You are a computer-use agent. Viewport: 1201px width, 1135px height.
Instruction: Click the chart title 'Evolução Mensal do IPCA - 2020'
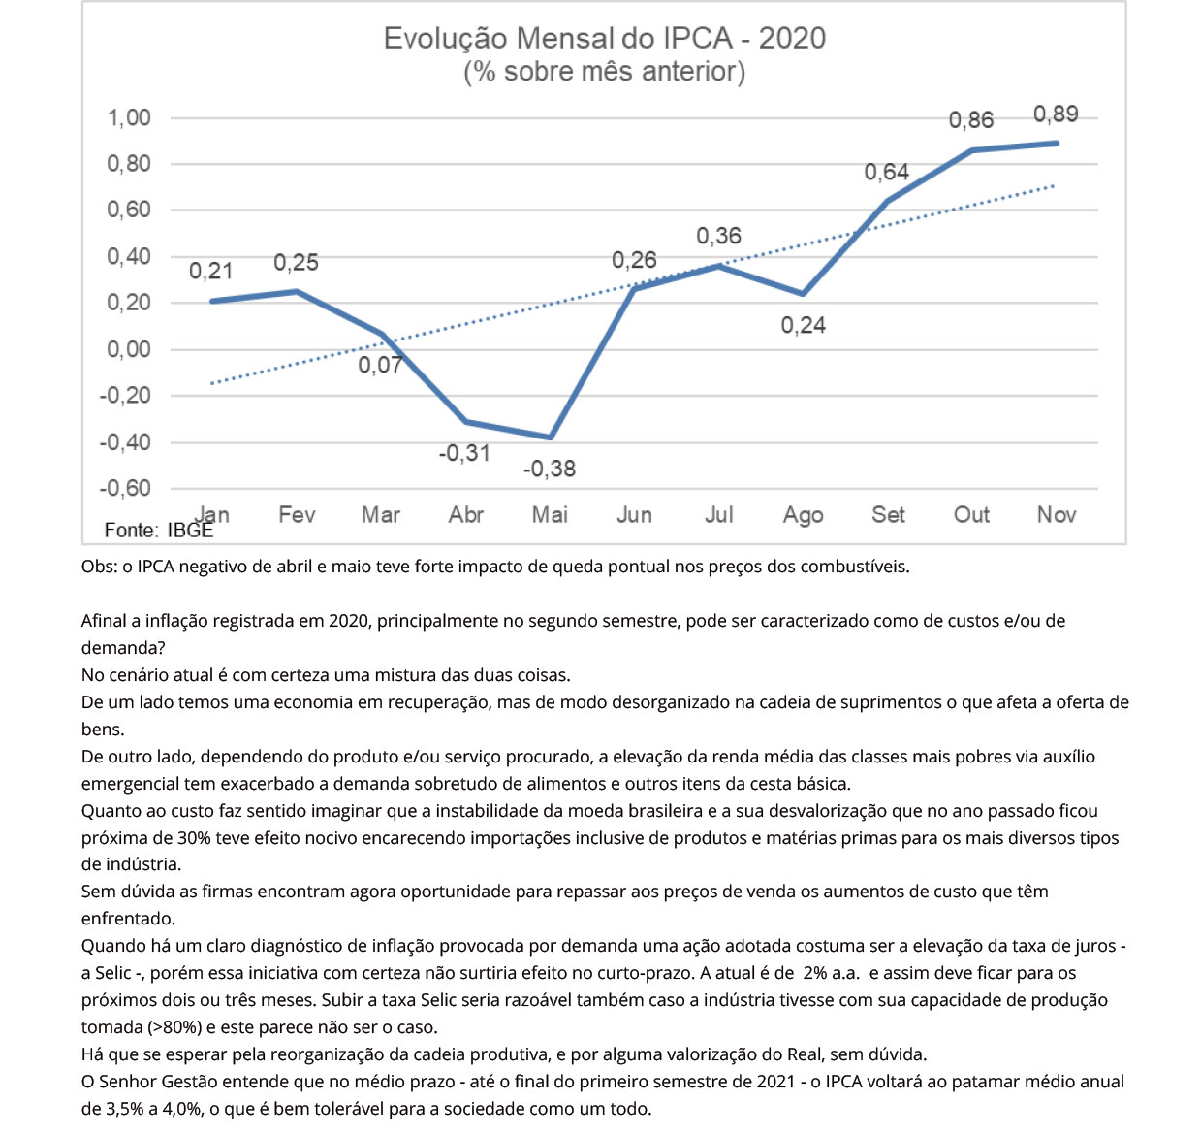click(604, 38)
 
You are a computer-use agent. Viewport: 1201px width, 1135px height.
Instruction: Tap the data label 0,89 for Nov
click(1055, 114)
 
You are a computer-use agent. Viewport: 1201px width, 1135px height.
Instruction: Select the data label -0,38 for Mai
click(549, 470)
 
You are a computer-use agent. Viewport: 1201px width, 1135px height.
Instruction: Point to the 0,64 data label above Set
click(886, 173)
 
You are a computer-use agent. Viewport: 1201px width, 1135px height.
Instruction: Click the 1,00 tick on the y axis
click(129, 118)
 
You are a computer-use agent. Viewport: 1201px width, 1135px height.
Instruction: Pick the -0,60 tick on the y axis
click(125, 488)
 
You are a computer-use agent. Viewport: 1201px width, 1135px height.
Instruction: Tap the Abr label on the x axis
click(465, 515)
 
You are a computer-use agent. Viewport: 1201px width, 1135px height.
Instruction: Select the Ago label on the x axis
click(803, 515)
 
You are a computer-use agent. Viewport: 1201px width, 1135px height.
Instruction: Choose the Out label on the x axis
click(971, 515)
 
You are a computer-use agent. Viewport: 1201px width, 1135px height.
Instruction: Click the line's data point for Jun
click(634, 288)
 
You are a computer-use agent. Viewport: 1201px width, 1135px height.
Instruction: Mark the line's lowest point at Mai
click(550, 438)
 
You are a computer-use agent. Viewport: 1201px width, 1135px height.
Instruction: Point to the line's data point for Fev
click(297, 291)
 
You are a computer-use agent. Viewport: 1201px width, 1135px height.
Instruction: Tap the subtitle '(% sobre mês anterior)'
click(604, 72)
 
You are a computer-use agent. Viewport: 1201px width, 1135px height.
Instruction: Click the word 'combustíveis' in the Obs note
click(858, 567)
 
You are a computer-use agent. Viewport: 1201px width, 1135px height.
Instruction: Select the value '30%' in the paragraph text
click(194, 838)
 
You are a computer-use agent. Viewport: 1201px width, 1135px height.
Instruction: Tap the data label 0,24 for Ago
click(803, 326)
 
